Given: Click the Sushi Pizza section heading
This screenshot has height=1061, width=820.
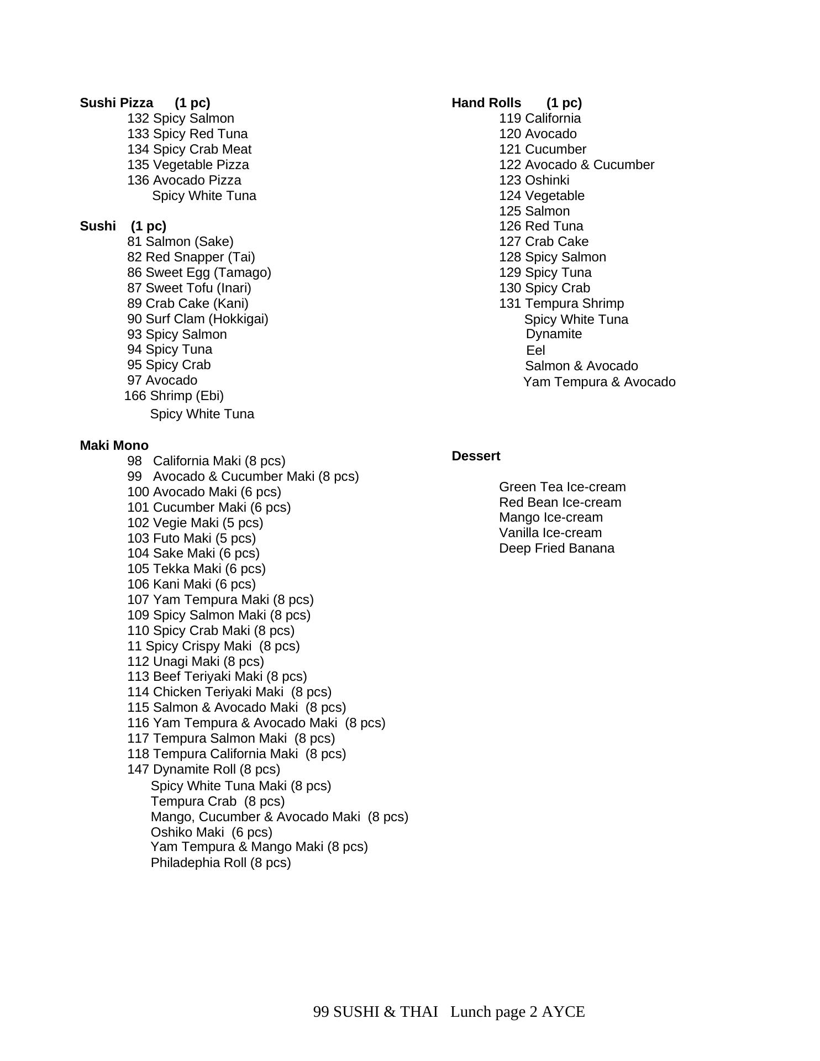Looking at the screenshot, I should click(117, 103).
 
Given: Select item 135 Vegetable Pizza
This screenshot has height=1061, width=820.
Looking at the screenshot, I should click(188, 165).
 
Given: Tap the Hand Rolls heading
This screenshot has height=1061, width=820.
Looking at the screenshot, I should click(486, 103).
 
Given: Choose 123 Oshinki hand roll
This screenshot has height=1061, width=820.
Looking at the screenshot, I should click(534, 180).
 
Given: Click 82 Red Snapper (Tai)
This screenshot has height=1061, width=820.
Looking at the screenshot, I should click(191, 257).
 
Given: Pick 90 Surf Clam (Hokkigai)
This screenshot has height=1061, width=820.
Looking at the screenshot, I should click(197, 319).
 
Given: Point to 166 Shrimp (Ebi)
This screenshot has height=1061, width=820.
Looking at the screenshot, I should click(174, 396).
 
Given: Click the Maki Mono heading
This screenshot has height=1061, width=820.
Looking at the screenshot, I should click(114, 445).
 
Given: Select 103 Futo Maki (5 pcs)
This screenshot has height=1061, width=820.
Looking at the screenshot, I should click(191, 538).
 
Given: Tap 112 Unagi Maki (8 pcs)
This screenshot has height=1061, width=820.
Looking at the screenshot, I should click(196, 661).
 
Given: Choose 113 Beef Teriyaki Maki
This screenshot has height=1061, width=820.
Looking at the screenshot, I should click(217, 676).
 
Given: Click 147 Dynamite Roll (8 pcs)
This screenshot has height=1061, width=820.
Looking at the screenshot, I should click(203, 769).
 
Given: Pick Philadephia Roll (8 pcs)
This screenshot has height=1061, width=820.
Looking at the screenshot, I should click(220, 863).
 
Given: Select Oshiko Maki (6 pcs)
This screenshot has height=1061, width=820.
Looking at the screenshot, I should click(211, 832).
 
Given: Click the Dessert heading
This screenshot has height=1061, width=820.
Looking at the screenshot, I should click(476, 456).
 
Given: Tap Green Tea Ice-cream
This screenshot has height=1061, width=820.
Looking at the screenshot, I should click(562, 487).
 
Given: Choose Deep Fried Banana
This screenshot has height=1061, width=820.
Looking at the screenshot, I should click(556, 548).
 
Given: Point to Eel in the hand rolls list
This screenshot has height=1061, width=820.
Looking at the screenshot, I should click(535, 350).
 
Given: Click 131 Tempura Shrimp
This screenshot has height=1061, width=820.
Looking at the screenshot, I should click(561, 303).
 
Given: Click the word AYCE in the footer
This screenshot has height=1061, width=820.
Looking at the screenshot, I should click(563, 1012).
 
